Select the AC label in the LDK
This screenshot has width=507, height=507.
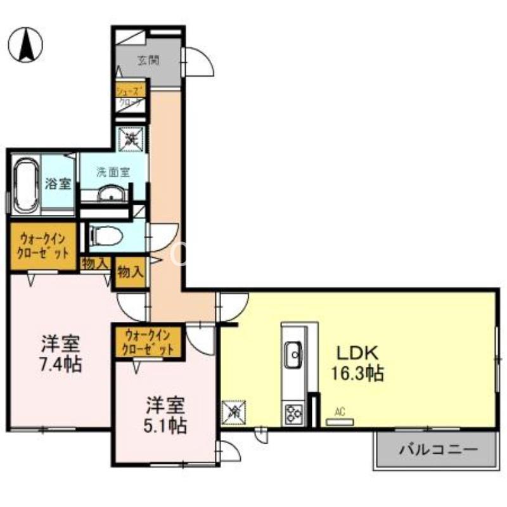coord(340,412)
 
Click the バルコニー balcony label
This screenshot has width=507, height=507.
coord(438,451)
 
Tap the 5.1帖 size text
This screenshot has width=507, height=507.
coord(165,424)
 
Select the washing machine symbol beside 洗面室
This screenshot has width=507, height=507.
coord(132,137)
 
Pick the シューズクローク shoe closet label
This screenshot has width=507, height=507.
coord(131,96)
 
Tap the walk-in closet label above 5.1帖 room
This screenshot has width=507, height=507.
coord(149,342)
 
